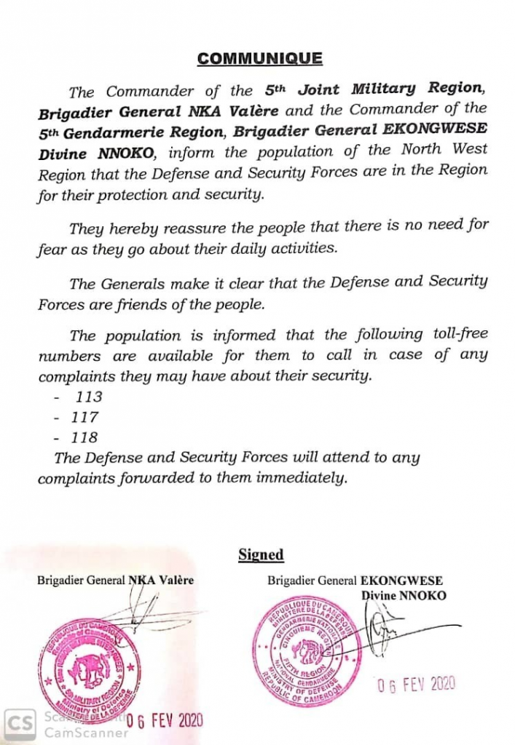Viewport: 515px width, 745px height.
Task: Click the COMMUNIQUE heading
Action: tap(260, 59)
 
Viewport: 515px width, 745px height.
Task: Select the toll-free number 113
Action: tap(88, 397)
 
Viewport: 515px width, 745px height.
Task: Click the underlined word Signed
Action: tap(261, 554)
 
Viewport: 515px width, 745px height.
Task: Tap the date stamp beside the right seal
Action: tap(414, 683)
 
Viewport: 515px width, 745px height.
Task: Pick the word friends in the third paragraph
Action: tap(132, 305)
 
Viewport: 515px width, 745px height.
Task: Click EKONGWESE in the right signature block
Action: tap(401, 581)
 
